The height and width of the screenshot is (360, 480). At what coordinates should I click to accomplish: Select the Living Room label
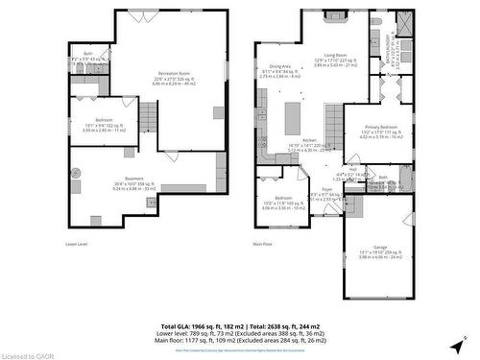pyautogui.click(x=362, y=56)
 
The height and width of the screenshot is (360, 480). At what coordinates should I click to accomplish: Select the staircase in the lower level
pyautogui.click(x=148, y=119)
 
